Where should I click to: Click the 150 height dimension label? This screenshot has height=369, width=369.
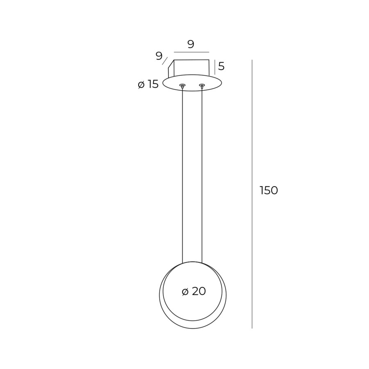pos(269,190)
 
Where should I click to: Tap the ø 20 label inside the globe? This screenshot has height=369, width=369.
pos(194,292)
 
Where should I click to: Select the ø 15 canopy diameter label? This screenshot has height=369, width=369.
pos(148,84)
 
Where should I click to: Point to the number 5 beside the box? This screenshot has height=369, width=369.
pos(221,66)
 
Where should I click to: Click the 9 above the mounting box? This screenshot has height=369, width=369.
pos(191,44)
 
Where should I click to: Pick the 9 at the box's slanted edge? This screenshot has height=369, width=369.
pos(159,56)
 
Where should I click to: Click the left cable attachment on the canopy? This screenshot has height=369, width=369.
pos(182,85)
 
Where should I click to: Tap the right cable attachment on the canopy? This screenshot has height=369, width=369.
pos(202,85)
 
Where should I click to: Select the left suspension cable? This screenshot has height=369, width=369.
pos(182,175)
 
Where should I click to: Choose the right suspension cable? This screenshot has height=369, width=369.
pos(202,175)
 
